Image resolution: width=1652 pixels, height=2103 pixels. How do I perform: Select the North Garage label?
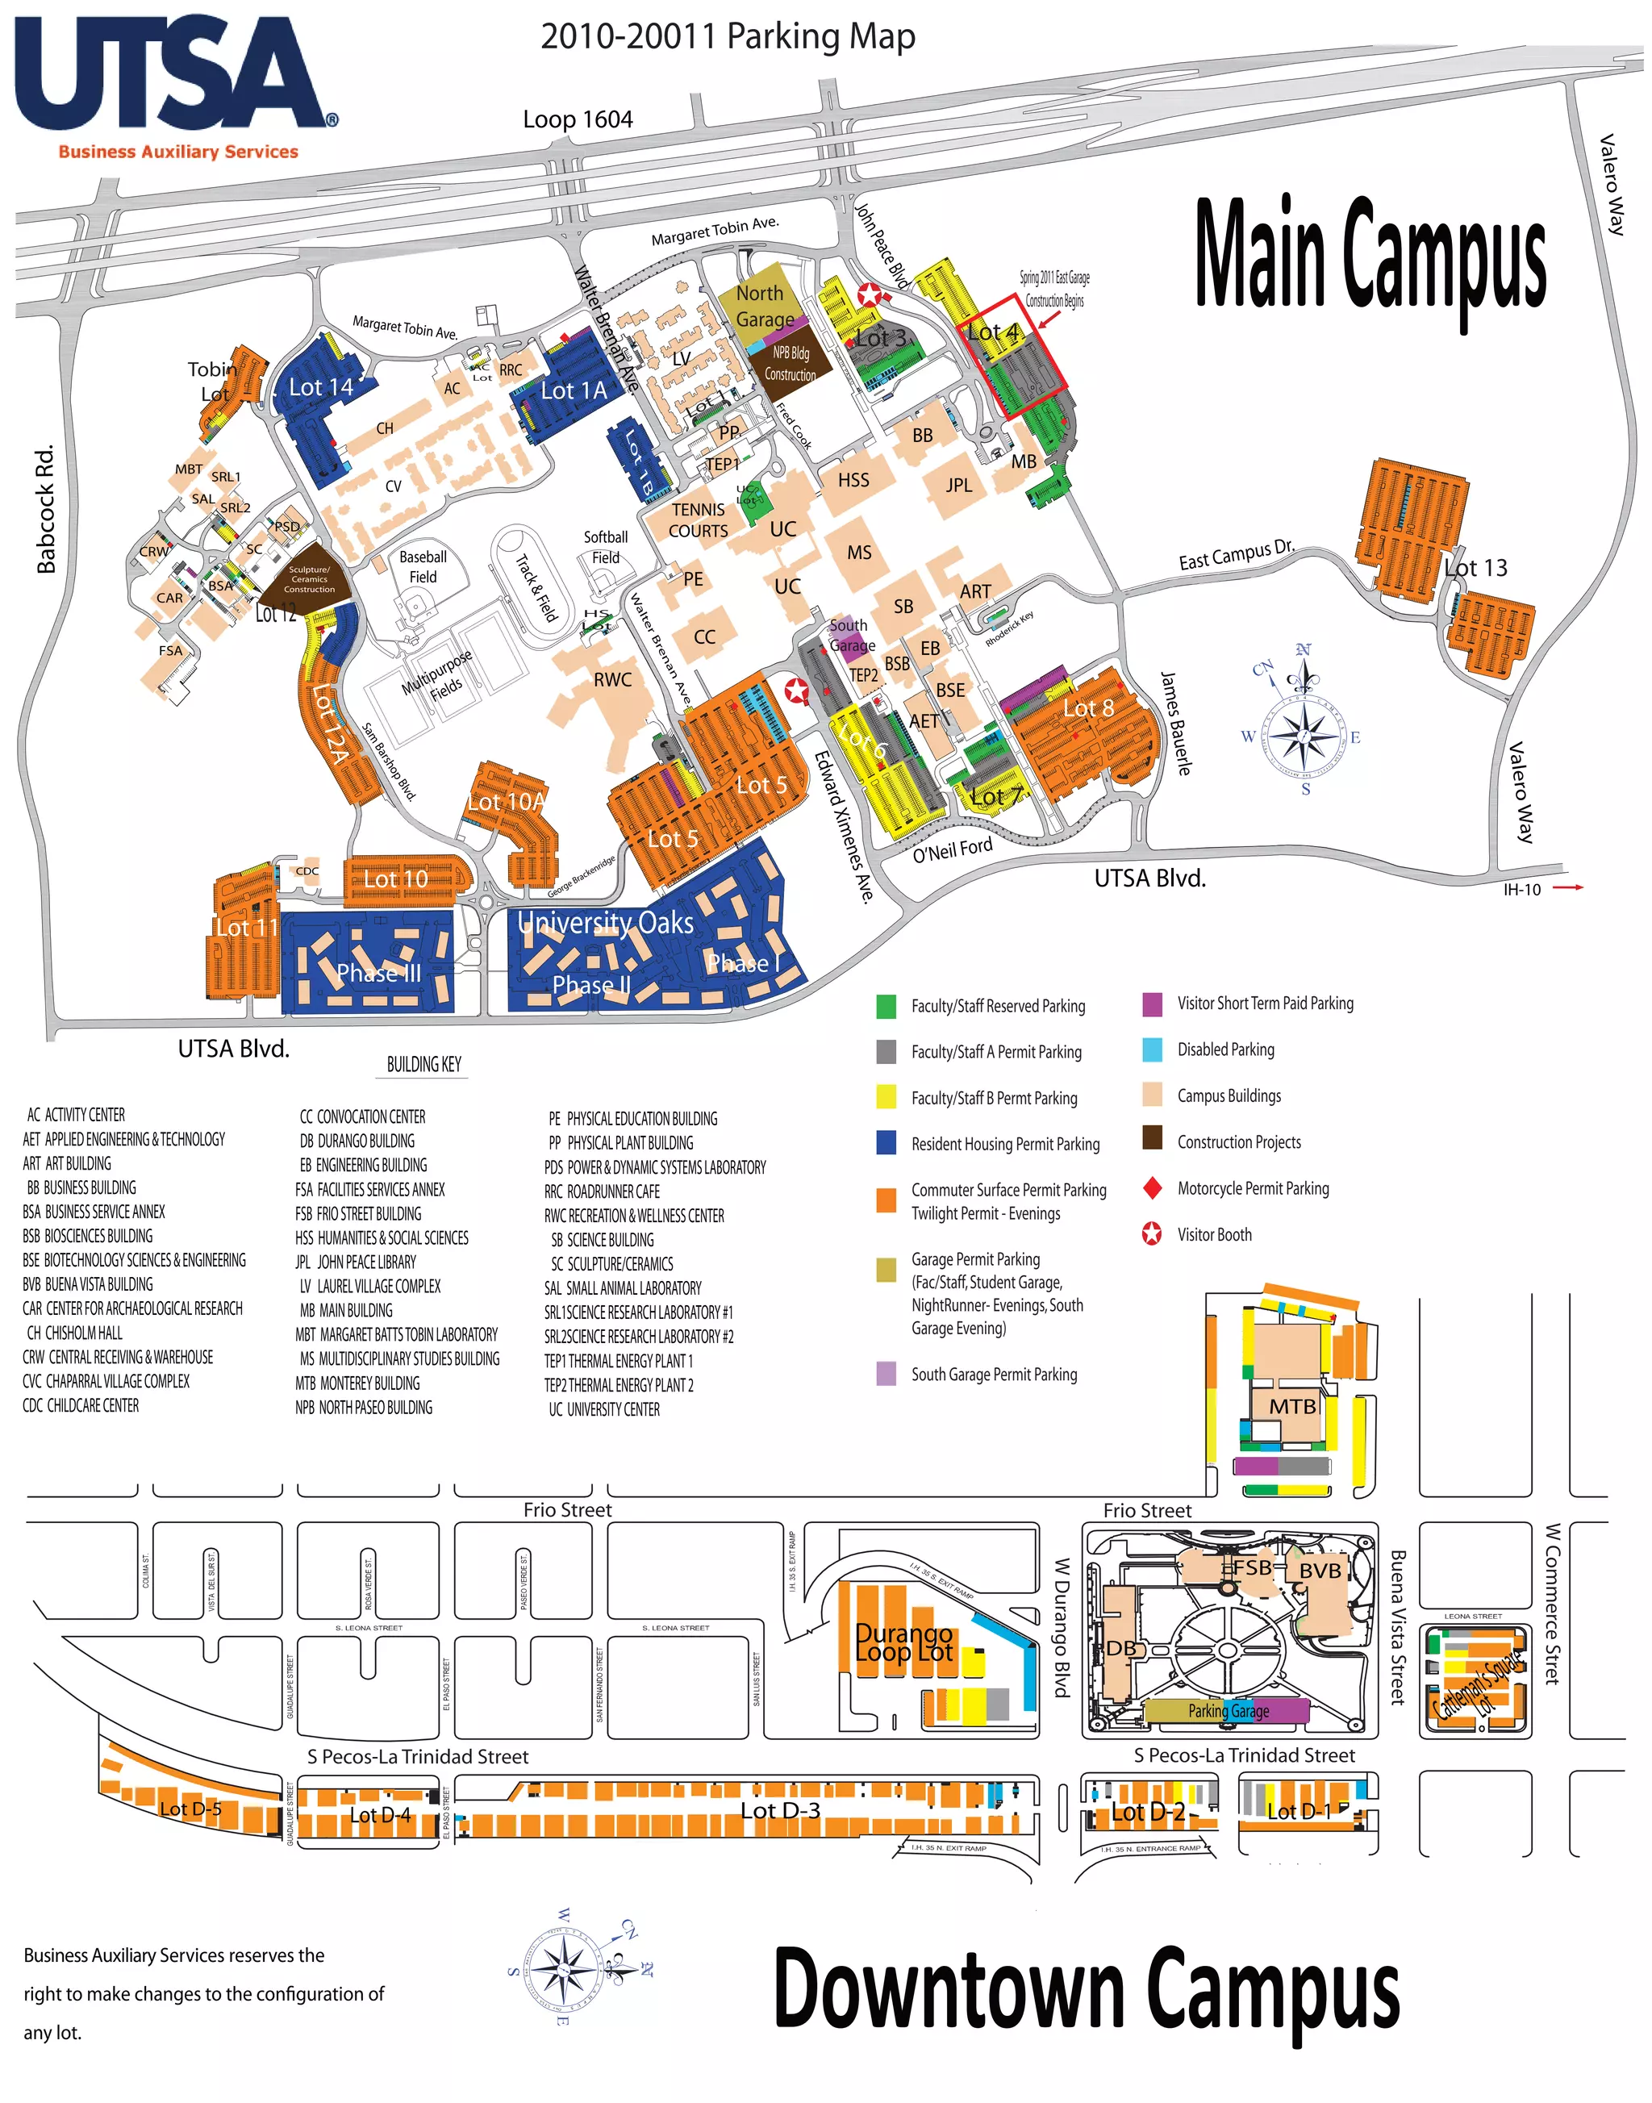[x=764, y=306]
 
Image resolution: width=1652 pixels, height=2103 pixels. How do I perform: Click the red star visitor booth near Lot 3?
[x=870, y=295]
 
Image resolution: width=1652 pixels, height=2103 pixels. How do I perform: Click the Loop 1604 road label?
[x=578, y=120]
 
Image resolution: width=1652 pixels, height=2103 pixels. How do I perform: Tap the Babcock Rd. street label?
[x=45, y=509]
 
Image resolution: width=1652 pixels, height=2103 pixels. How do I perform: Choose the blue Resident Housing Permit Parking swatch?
[x=886, y=1142]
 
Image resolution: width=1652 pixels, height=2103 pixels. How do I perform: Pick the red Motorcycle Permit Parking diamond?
[x=1152, y=1188]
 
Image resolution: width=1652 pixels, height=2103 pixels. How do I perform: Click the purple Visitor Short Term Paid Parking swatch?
[x=1152, y=1004]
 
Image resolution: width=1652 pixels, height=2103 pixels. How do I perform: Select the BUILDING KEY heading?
[x=423, y=1064]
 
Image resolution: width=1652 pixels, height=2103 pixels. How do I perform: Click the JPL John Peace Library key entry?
[x=356, y=1262]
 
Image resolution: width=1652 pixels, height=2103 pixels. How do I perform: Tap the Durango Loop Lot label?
[x=904, y=1642]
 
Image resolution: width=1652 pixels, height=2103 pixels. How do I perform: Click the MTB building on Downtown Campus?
[x=1292, y=1405]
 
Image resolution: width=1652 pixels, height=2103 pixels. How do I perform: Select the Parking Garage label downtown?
[x=1229, y=1710]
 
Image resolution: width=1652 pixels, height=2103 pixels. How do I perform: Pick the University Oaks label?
[x=606, y=923]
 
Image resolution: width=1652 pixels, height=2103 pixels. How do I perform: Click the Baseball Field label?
[x=423, y=567]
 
